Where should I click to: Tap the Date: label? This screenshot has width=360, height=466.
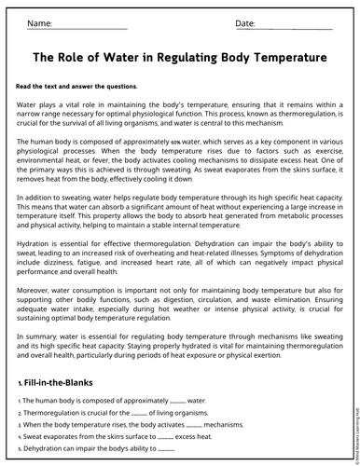245,21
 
